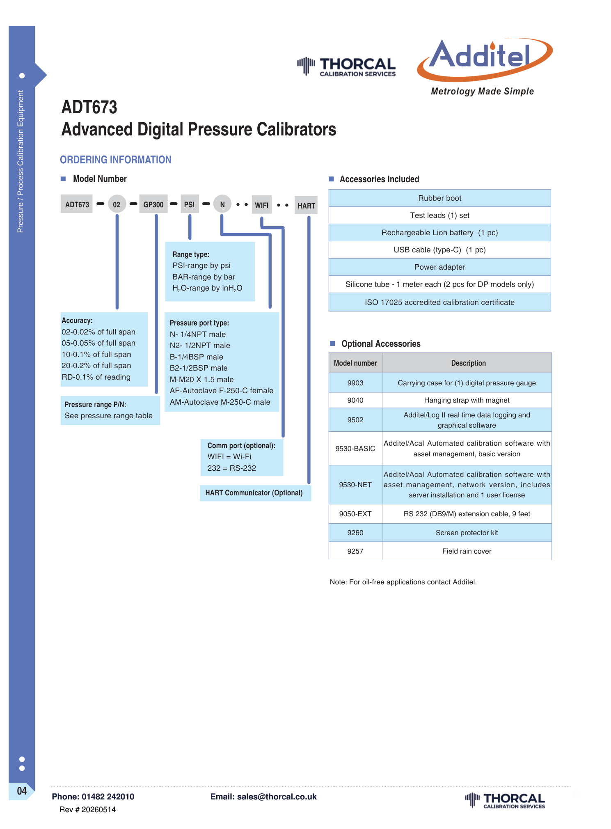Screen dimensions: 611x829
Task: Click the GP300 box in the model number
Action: (153, 204)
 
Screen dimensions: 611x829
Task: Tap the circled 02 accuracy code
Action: (117, 204)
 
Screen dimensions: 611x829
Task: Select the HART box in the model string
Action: (307, 205)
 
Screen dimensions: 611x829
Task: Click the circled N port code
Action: (222, 204)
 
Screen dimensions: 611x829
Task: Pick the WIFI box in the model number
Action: (262, 205)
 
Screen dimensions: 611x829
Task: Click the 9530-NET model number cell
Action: (355, 485)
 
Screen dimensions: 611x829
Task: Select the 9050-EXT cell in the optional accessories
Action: (355, 514)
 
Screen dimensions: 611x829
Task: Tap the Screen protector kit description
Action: (467, 533)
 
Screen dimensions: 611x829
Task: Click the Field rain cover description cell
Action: (467, 551)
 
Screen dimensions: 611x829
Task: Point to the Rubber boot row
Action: (440, 198)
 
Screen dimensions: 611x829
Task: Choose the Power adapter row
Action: (440, 267)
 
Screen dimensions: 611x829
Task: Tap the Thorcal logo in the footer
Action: (505, 800)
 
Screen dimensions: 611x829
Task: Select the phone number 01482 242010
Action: (108, 797)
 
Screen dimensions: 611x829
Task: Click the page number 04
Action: (22, 791)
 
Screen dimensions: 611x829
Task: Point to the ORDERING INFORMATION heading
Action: (116, 160)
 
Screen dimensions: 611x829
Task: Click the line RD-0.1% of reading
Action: (96, 377)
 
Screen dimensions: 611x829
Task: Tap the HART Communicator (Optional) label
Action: (254, 493)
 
